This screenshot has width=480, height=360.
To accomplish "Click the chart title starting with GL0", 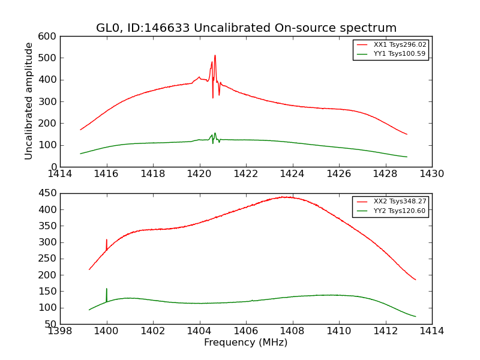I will click(246, 28).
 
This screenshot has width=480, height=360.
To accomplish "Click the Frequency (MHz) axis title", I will click(246, 343).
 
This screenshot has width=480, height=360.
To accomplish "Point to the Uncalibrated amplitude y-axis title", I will click(29, 101).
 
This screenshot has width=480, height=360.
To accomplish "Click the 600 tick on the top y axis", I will click(49, 36).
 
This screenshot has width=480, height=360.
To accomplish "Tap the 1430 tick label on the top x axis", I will click(431, 174).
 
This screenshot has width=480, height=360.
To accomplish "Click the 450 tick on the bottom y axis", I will click(49, 193).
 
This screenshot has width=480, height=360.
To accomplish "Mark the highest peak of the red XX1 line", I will click(215, 56).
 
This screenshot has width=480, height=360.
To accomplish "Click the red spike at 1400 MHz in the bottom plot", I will click(107, 240).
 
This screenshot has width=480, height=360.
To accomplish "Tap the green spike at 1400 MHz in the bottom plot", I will click(107, 289).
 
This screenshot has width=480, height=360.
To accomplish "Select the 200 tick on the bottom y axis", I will click(49, 275).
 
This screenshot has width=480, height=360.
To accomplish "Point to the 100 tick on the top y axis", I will click(49, 145).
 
